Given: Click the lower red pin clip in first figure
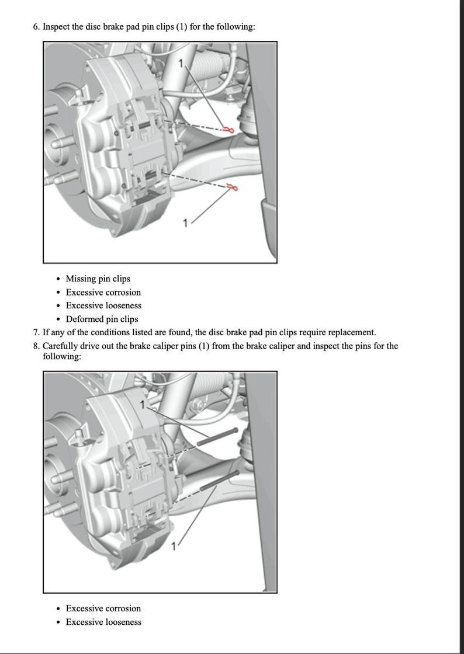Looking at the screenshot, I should coord(233,187).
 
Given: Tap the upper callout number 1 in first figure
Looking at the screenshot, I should coord(182,62).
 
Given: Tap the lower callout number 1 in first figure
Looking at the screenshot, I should coord(186,222).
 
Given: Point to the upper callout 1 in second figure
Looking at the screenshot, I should coord(143,404).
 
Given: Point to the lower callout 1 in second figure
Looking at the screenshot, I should coord(174,546).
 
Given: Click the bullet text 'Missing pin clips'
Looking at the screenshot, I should coord(98,279).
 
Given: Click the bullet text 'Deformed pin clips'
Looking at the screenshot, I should coord(102,319).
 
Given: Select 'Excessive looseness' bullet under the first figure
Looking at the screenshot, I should coord(103,305).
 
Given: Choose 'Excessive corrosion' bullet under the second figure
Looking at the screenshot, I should coord(103,608).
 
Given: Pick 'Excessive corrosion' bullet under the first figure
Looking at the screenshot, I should coord(103,292).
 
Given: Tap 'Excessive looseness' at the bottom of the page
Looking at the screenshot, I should coord(103,622).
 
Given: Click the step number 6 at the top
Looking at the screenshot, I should coord(36,27).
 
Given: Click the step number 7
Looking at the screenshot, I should coord(36,332).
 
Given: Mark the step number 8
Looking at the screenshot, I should coord(36,346).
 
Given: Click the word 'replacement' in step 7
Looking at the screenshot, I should coord(351,332).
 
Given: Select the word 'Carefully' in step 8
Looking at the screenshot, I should coord(61,346).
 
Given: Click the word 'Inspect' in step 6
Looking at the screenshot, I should coord(57,27).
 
